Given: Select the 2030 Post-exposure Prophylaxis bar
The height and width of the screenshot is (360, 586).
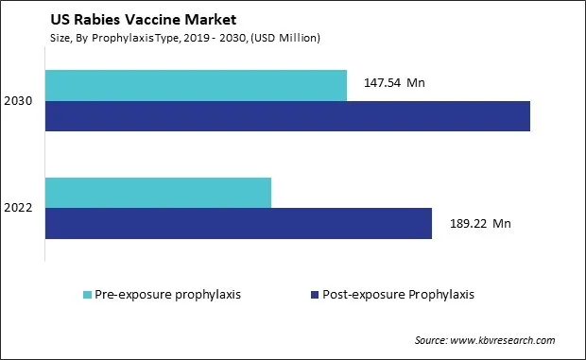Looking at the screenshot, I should point(287,115).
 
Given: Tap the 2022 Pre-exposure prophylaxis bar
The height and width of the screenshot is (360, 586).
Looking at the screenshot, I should point(158,192).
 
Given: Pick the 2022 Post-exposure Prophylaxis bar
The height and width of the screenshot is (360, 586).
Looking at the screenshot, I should point(238,223).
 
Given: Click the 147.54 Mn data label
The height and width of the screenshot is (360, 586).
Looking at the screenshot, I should point(394,83).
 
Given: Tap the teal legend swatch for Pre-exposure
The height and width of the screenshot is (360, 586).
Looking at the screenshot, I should point(89,294).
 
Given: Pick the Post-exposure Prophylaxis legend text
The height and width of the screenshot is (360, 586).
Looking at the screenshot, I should point(397,294).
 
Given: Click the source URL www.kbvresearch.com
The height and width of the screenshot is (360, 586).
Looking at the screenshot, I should point(504,340).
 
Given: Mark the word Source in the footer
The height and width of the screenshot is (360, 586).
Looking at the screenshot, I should point(432,340).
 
